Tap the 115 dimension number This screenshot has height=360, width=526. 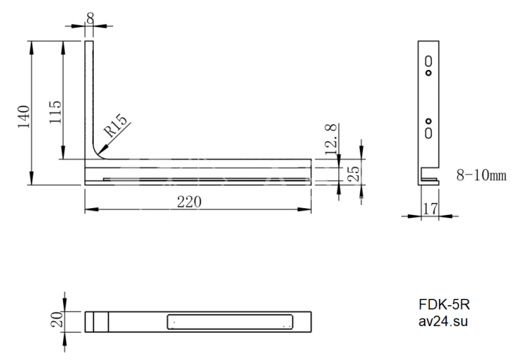tap(55, 112)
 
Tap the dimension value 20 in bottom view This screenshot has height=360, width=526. tap(55, 321)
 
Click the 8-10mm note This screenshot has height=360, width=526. tap(481, 175)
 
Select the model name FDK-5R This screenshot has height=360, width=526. tap(444, 306)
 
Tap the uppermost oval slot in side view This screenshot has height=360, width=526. tap(428, 60)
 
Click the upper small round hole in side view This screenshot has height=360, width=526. tap(428, 74)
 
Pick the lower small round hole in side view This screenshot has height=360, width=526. tap(428, 121)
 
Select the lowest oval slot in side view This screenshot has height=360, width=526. tap(428, 134)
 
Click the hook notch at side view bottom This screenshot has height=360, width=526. tap(431, 177)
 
